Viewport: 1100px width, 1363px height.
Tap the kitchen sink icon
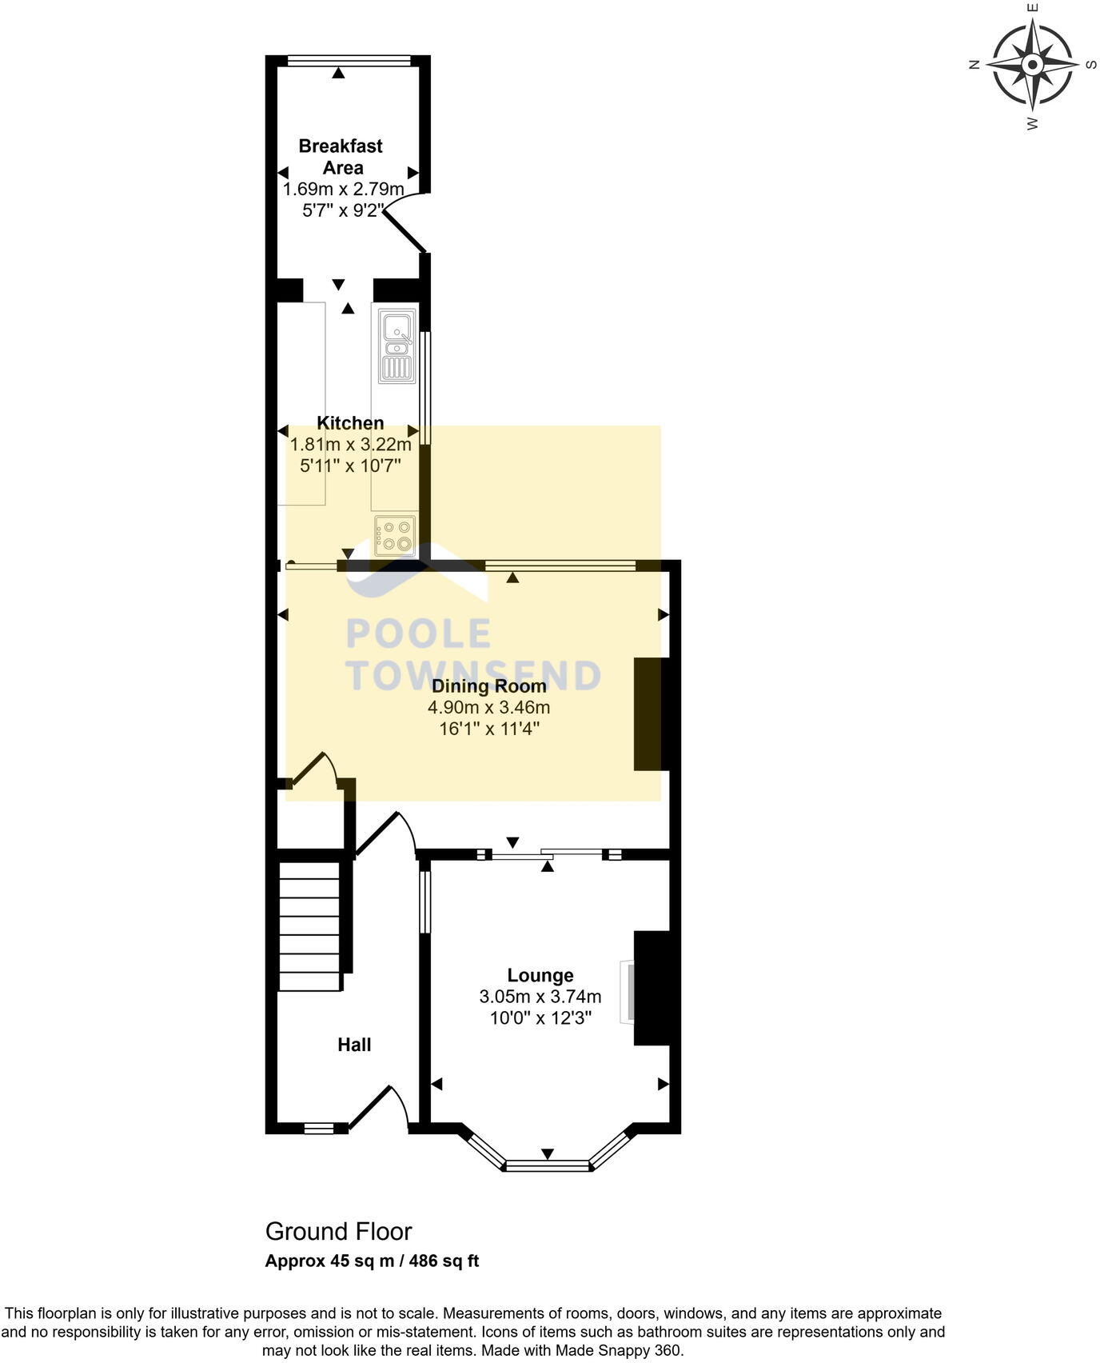click(x=397, y=346)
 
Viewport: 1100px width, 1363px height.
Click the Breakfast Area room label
click(x=341, y=157)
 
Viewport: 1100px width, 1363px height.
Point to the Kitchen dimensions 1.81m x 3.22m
click(x=350, y=444)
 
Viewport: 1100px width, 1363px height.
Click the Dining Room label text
click(x=488, y=686)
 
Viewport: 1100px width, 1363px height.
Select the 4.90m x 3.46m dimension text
click(x=488, y=708)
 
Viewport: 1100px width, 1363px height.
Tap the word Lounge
click(x=540, y=976)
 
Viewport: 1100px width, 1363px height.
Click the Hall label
click(x=354, y=1045)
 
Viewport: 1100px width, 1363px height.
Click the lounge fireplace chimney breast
click(x=651, y=988)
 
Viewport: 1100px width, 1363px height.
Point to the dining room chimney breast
click(x=648, y=714)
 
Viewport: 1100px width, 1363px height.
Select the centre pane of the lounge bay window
click(x=548, y=1166)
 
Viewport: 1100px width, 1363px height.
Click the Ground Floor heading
click(x=339, y=1232)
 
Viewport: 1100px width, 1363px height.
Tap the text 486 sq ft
click(x=444, y=1261)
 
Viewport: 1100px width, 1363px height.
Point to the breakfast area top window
click(x=349, y=60)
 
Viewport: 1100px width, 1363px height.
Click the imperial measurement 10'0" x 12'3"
click(x=540, y=1018)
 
